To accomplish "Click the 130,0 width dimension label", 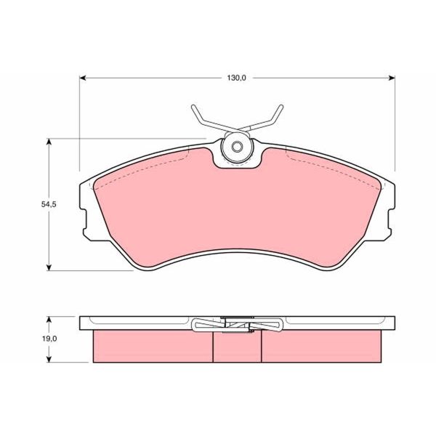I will pyautogui.click(x=238, y=77).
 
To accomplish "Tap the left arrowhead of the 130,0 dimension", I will pyautogui.click(x=84, y=77).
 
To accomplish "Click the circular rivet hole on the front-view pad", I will pyautogui.click(x=237, y=148).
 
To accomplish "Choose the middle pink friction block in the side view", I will pyautogui.click(x=237, y=347).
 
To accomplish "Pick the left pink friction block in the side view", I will pyautogui.click(x=153, y=347).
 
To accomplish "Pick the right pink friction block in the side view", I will pyautogui.click(x=321, y=347).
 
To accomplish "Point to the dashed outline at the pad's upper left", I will pyautogui.click(x=145, y=161).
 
